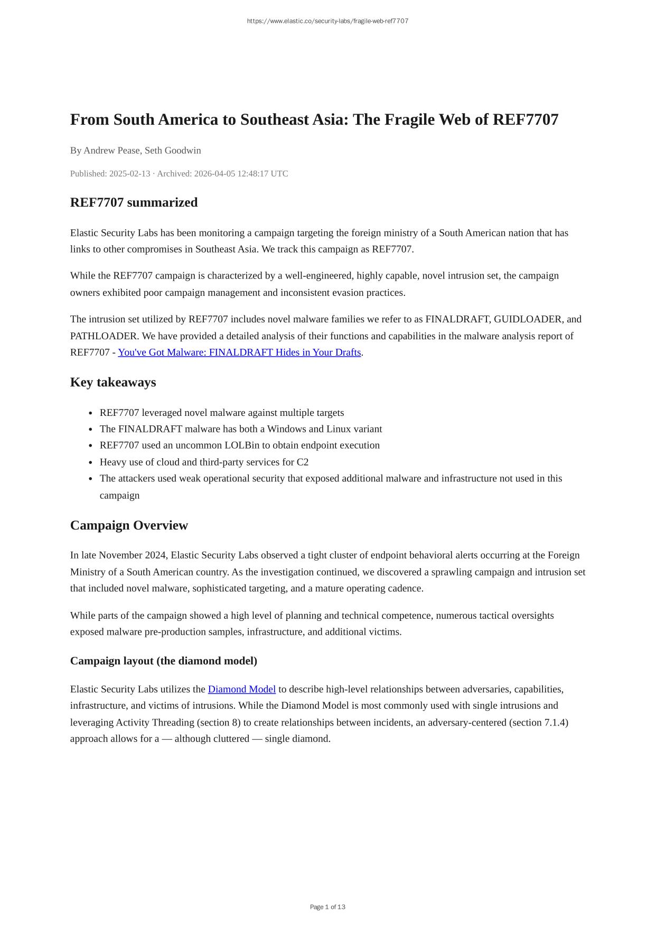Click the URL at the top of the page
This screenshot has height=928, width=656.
[x=327, y=21]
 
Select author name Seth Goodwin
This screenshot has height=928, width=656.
[x=173, y=151]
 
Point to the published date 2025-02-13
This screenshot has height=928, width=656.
[x=129, y=174]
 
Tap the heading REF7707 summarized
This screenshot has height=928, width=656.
[x=134, y=203]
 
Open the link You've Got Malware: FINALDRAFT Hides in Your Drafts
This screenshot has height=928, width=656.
[x=239, y=352]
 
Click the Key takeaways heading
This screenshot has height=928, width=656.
[x=113, y=383]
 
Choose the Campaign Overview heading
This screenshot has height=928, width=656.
[x=129, y=525]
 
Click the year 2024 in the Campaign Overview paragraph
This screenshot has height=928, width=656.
[x=155, y=555]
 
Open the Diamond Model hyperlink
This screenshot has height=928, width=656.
[x=242, y=690]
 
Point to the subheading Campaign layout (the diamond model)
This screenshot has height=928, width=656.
[x=164, y=661]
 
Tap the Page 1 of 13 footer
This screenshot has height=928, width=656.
[x=327, y=907]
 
